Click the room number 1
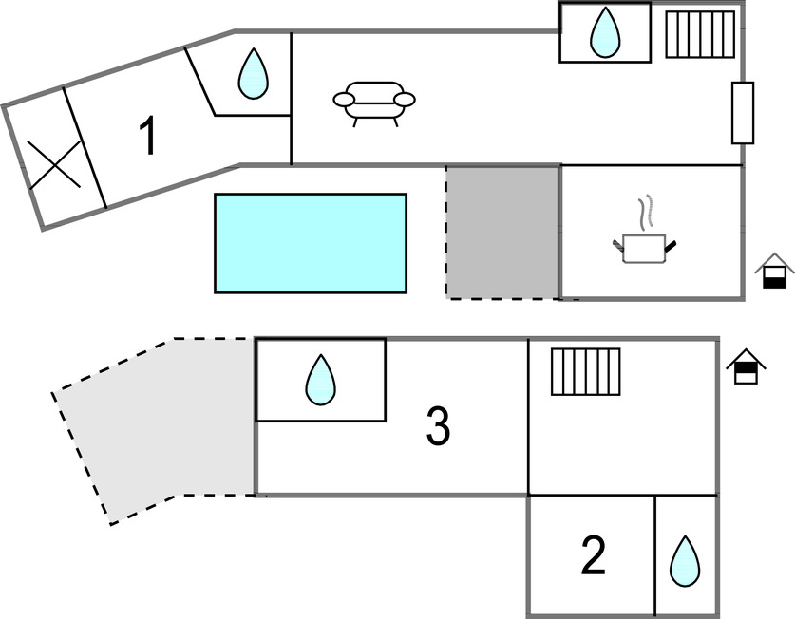(147, 137)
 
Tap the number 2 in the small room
(593, 555)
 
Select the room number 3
(437, 427)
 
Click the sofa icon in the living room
(374, 101)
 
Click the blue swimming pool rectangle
(311, 243)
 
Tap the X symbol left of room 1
(53, 163)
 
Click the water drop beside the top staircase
(604, 32)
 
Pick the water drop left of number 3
(320, 380)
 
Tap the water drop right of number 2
(685, 561)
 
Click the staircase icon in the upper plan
(700, 34)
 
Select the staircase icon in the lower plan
(585, 371)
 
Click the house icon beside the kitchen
(775, 271)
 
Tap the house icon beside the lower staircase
(747, 367)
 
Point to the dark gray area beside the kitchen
(502, 232)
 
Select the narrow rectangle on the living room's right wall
(743, 113)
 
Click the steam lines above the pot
(645, 214)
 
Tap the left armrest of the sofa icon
(343, 99)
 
